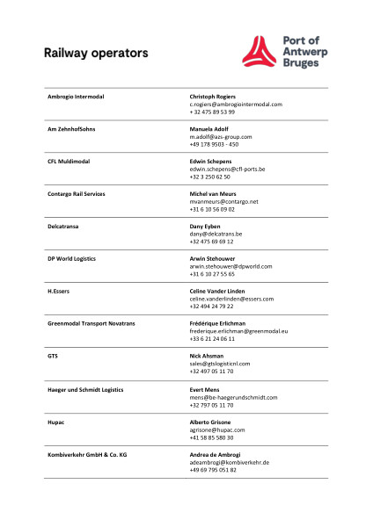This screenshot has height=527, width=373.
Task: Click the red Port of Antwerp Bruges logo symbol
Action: [x=261, y=51]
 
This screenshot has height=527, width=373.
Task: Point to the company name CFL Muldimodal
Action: [x=69, y=162]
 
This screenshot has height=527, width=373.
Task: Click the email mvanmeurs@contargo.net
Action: [x=223, y=202]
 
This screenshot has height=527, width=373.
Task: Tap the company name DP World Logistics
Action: [x=71, y=259]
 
